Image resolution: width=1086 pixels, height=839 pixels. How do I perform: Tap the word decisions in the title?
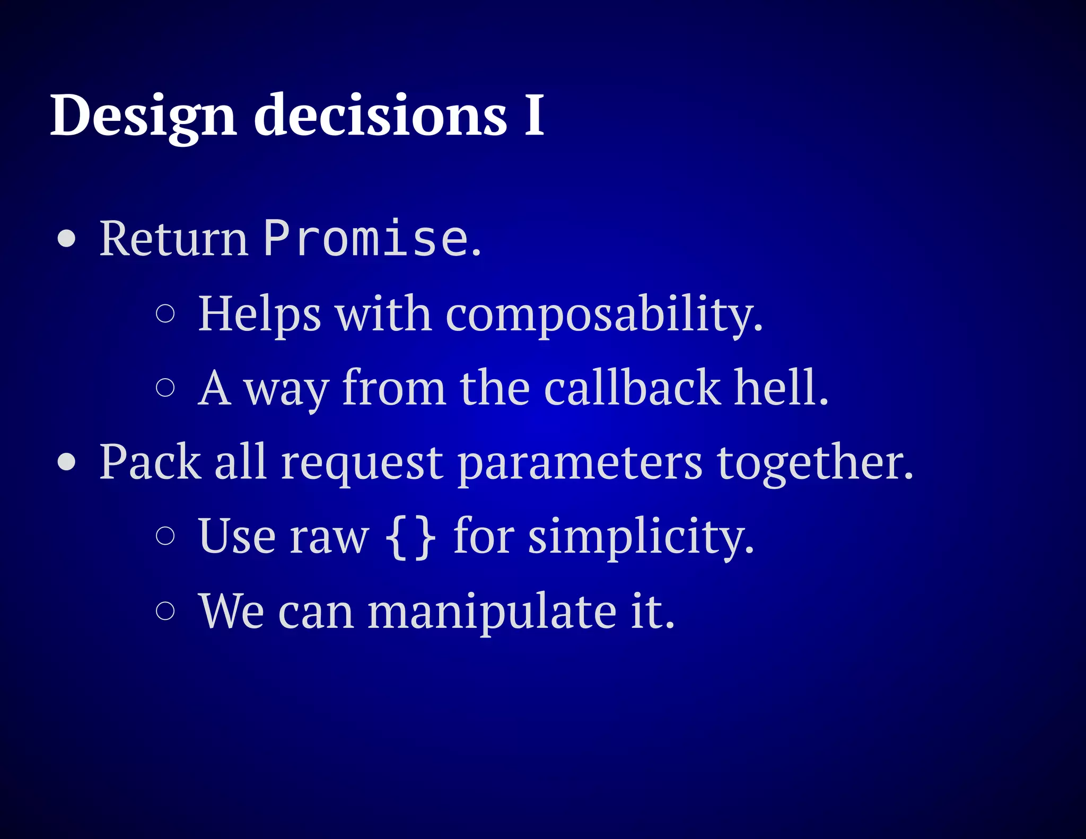380,116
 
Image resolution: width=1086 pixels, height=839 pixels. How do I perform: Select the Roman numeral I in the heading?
534,116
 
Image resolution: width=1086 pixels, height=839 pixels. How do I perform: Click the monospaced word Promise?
366,239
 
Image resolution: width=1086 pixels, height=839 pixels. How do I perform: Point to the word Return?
174,239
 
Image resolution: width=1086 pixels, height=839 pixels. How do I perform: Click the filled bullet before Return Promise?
67,239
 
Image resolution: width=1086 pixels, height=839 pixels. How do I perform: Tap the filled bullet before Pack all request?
67,462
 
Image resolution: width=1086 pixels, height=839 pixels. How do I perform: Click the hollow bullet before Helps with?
165,313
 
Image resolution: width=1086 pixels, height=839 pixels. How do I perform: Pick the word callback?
632,388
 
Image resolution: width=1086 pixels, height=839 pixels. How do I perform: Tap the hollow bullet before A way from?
165,387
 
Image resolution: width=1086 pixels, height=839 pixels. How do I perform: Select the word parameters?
580,462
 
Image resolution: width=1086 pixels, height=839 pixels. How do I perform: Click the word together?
814,462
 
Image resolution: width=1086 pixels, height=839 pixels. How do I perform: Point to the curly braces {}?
410,537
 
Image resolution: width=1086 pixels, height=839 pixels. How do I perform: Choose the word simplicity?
641,537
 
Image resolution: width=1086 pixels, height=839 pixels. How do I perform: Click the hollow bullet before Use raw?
165,536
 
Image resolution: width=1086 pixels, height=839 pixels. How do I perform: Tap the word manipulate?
492,611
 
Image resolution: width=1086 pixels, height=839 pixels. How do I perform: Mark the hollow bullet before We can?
165,610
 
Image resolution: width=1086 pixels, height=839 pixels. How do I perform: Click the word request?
362,462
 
